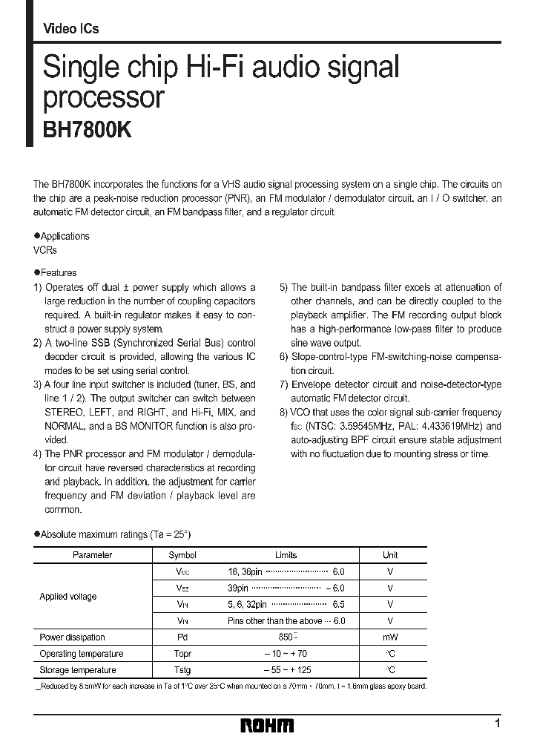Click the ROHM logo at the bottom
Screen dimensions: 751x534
267,725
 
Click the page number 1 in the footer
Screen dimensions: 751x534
498,723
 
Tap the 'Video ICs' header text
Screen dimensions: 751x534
71,29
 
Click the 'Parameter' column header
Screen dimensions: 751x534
92,555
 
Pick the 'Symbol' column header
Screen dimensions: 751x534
182,555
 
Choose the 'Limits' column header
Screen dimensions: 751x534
286,555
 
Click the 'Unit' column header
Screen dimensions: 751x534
390,555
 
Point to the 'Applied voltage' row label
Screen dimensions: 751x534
68,597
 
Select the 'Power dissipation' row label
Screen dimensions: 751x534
72,637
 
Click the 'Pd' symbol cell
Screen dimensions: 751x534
182,637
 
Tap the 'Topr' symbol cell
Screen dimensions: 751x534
182,654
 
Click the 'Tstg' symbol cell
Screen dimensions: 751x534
182,670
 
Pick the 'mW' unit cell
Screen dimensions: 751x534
390,637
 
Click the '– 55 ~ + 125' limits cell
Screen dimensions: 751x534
286,670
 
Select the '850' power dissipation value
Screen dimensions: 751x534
284,637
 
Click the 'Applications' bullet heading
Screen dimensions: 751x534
63,236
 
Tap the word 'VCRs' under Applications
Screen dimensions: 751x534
45,250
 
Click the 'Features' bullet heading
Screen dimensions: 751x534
57,272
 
